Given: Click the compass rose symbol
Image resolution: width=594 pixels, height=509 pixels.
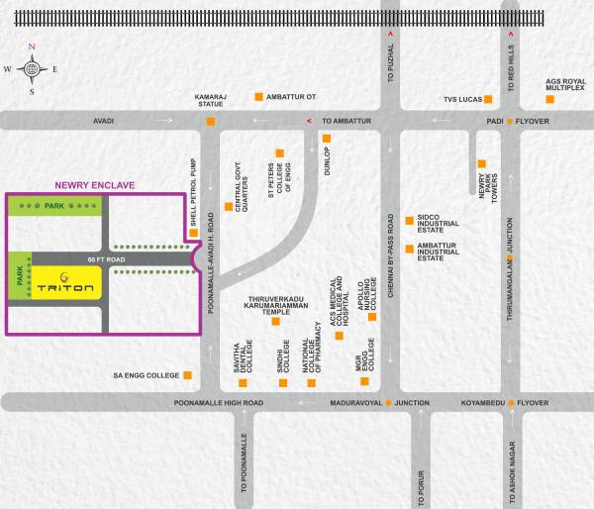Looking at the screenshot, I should point(32,68).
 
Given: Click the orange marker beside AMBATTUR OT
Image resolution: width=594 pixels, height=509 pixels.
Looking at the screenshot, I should point(259,96).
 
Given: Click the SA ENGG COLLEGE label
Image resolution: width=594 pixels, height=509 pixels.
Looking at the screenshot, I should point(147,375).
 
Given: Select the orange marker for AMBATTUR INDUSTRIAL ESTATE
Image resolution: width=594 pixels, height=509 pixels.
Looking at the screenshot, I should point(408,248).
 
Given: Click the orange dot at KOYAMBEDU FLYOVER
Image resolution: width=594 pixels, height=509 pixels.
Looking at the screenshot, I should point(512,404).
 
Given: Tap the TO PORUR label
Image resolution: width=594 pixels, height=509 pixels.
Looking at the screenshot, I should point(423,469).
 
